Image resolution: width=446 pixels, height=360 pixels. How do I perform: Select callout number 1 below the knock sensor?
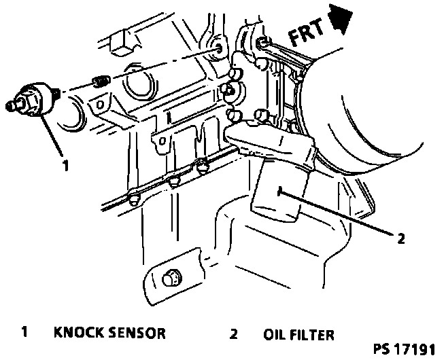pos(66,164)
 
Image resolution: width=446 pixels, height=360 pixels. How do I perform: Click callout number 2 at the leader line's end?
pos(401,238)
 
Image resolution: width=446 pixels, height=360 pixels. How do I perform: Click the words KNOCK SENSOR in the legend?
pos(109,334)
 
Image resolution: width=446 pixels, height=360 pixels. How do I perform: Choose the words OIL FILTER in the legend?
pos(299,334)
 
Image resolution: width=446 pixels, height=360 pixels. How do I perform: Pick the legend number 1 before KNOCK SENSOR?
pos(24,334)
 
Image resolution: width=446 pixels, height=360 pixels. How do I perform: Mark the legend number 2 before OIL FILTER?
pos(233,334)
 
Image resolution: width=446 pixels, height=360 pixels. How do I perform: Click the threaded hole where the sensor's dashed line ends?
pos(219,50)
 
